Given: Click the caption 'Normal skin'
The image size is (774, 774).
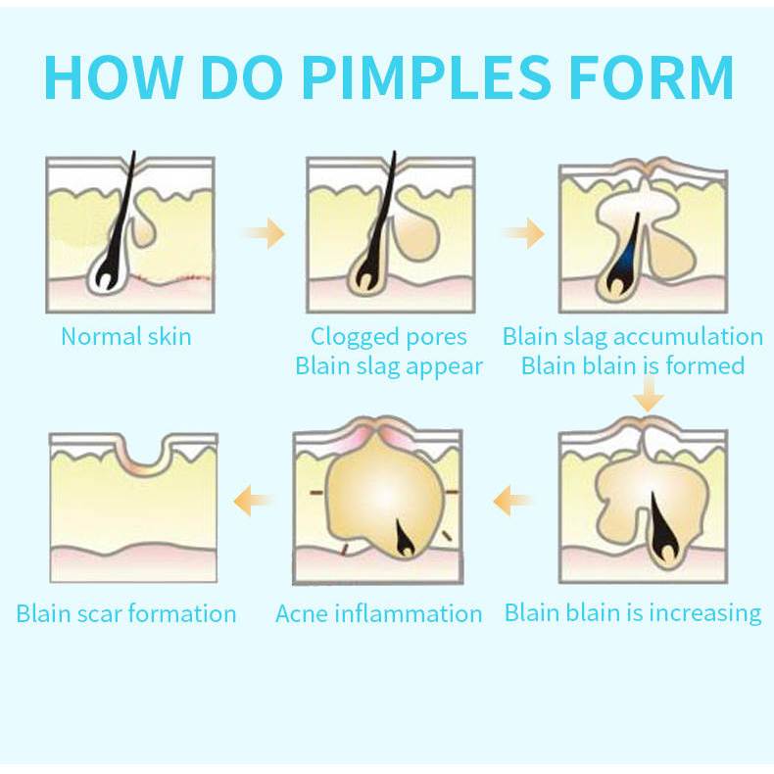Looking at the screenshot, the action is coord(126,337).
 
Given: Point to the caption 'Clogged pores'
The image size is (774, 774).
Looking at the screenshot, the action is coord(389,337).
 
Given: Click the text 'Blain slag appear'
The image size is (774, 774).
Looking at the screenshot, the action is coord(389,366).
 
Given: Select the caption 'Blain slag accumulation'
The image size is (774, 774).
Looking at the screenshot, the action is coord(633,337).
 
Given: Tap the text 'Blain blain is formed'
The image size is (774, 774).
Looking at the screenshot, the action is coord(633,366).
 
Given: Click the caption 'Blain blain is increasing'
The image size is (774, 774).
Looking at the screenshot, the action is coord(633,613).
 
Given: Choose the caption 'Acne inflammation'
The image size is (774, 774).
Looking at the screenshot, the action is coord(379,614).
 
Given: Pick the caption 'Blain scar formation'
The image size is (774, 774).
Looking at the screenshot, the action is coord(126,614).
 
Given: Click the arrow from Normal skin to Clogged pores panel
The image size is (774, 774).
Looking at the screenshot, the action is coord(263,233).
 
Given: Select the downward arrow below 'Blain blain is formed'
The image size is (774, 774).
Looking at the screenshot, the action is coord(648,397).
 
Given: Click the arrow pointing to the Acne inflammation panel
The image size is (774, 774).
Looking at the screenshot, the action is coord(512,503).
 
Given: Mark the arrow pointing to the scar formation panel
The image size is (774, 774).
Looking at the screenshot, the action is coord(252,503).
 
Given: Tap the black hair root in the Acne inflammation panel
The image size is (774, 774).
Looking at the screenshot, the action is coord(405,535).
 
